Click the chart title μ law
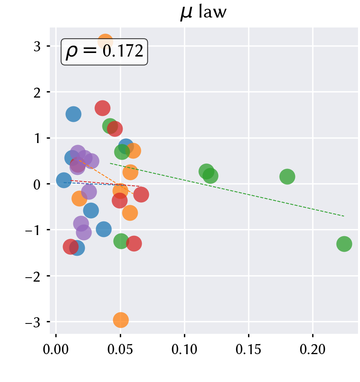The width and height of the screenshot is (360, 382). pyautogui.click(x=203, y=12)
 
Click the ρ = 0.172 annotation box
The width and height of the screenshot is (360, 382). pyautogui.click(x=104, y=52)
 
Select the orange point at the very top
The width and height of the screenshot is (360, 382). pyautogui.click(x=105, y=42)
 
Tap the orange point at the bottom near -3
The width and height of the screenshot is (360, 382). pyautogui.click(x=121, y=320)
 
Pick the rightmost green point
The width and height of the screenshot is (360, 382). pyautogui.click(x=344, y=244)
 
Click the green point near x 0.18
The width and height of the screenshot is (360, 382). pyautogui.click(x=287, y=176)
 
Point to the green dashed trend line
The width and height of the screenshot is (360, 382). pyautogui.click(x=227, y=190)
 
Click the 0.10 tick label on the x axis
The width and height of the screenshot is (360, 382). pyautogui.click(x=184, y=350)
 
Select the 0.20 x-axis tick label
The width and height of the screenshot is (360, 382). pyautogui.click(x=313, y=350)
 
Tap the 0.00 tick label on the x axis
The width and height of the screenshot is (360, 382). pyautogui.click(x=56, y=350)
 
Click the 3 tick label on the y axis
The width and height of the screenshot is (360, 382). pyautogui.click(x=37, y=46)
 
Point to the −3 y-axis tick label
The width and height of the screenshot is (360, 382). pyautogui.click(x=33, y=322)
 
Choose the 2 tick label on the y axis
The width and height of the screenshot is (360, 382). pyautogui.click(x=37, y=92)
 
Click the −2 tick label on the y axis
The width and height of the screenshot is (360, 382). pyautogui.click(x=33, y=276)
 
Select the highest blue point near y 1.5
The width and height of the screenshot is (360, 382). pyautogui.click(x=73, y=114)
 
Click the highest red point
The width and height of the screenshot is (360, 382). pyautogui.click(x=102, y=108)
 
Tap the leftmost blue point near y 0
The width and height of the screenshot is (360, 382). pyautogui.click(x=64, y=180)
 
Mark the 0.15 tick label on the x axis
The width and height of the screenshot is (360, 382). pyautogui.click(x=248, y=350)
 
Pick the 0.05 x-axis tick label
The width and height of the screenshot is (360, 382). pyautogui.click(x=120, y=350)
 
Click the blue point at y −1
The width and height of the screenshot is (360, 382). pyautogui.click(x=104, y=229)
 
